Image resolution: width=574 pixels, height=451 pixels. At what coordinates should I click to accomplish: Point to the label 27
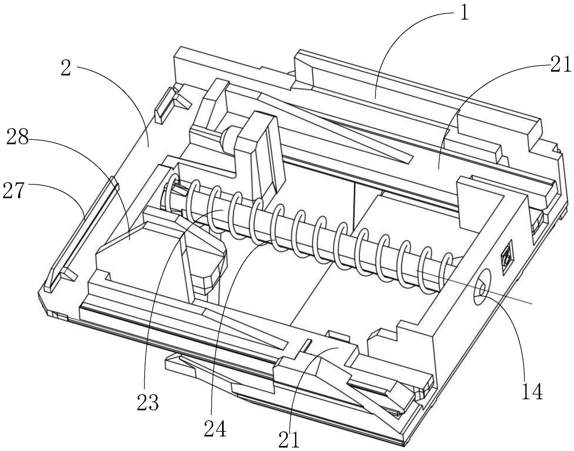[13, 191]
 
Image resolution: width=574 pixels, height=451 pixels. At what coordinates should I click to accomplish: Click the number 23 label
[148, 402]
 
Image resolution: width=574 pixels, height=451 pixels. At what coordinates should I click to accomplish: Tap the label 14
[532, 392]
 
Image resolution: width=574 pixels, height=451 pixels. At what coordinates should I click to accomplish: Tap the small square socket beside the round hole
[506, 253]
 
